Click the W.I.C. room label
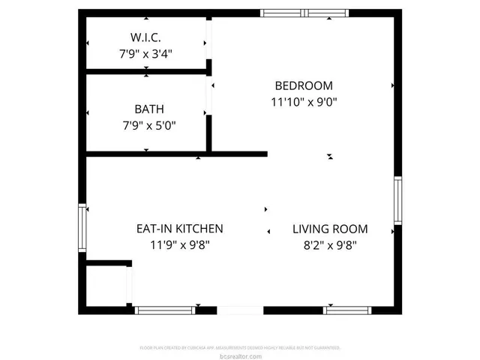(145, 37)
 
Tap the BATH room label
(149, 109)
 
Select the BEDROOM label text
(304, 85)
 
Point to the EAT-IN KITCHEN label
(179, 229)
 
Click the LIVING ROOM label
(330, 229)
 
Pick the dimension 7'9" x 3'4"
(145, 54)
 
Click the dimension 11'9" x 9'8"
(179, 244)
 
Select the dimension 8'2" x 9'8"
(330, 244)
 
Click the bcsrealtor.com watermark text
(240, 355)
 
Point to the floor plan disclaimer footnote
(240, 348)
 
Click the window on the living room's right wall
(397, 200)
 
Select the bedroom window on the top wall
(304, 13)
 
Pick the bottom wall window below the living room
(346, 310)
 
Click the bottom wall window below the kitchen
(166, 310)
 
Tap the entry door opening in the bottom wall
(240, 310)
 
